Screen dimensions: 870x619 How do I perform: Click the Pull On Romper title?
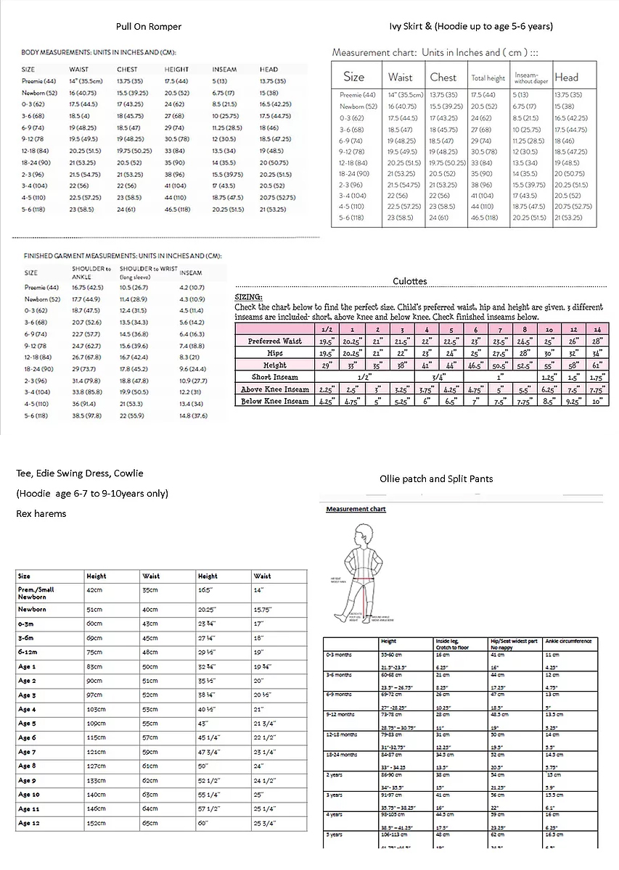coord(148,27)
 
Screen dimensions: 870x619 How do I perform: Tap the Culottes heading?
coord(410,281)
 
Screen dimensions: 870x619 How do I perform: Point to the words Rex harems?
coord(41,514)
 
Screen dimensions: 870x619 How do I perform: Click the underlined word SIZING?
coord(248,297)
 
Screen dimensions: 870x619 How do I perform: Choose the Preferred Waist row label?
coord(275,341)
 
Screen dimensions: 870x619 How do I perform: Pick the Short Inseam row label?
coord(275,377)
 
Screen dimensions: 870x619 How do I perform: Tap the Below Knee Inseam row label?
coord(275,401)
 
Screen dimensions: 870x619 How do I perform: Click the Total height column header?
coord(488,78)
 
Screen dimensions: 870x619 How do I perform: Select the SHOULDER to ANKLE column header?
coord(91,273)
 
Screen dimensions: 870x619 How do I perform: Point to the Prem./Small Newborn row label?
coord(36,593)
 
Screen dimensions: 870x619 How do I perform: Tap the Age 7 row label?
coord(27,752)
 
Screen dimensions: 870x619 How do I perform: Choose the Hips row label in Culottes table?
coord(275,353)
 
